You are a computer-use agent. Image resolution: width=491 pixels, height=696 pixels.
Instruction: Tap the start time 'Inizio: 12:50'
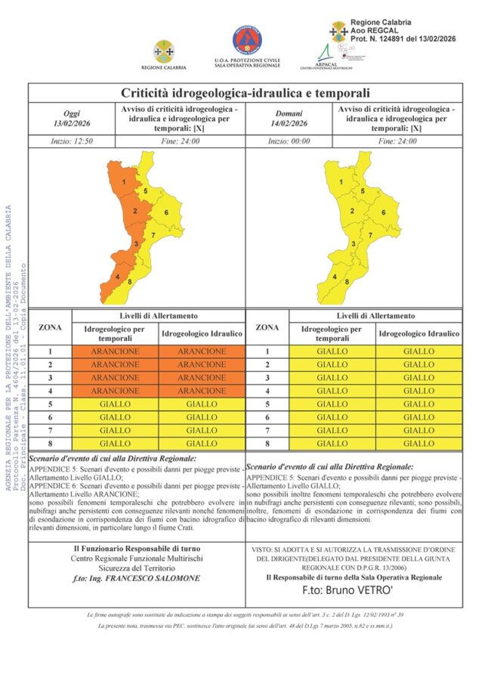click(x=72, y=141)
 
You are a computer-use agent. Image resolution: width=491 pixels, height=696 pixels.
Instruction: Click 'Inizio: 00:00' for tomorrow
click(x=289, y=141)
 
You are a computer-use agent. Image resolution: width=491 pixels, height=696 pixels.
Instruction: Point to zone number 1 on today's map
click(x=123, y=182)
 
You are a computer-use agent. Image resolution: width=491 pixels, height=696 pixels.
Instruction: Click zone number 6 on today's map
click(x=166, y=212)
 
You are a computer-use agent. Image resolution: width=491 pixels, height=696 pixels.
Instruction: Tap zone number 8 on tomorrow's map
click(x=347, y=282)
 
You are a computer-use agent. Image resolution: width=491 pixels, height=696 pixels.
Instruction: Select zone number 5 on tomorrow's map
click(x=363, y=192)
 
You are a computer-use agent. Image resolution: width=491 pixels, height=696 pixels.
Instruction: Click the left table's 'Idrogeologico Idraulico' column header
click(x=202, y=333)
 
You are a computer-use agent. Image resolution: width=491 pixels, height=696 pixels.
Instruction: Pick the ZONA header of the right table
click(x=267, y=327)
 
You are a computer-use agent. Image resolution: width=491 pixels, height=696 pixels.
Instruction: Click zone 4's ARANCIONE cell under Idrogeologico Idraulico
click(x=202, y=391)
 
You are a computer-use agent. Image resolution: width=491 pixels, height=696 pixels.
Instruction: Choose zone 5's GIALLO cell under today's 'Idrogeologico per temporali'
click(x=116, y=404)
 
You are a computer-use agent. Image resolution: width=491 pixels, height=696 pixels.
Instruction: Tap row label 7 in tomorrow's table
click(x=267, y=431)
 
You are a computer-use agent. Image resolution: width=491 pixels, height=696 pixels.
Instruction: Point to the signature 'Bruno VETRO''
click(x=354, y=589)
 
